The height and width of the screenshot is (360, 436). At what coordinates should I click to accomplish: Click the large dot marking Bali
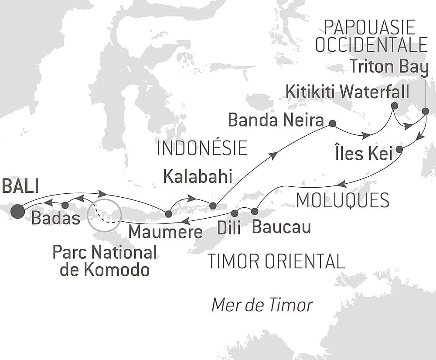(18, 211)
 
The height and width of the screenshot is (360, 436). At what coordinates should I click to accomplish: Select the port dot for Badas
(65, 205)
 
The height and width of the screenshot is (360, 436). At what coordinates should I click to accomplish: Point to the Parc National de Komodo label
(105, 261)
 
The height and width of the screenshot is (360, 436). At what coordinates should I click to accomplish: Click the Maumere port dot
(168, 214)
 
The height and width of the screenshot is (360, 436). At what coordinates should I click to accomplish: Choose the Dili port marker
(235, 213)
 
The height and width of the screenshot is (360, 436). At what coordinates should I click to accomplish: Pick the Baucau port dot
(255, 212)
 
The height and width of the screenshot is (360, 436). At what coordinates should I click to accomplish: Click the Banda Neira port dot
(332, 123)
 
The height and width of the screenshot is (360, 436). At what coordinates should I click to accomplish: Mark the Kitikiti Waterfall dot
(394, 106)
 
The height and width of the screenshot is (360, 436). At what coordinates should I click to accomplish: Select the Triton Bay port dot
(426, 111)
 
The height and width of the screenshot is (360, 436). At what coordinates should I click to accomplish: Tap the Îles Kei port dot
(399, 150)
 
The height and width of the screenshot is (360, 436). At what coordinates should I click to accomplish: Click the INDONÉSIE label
(202, 149)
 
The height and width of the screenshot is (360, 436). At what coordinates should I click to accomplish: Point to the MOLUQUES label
(342, 200)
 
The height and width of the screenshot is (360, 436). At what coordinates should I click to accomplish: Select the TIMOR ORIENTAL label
(276, 261)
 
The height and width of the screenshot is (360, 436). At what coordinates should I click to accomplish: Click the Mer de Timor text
(262, 305)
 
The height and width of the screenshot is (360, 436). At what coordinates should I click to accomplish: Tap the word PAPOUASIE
(369, 28)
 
